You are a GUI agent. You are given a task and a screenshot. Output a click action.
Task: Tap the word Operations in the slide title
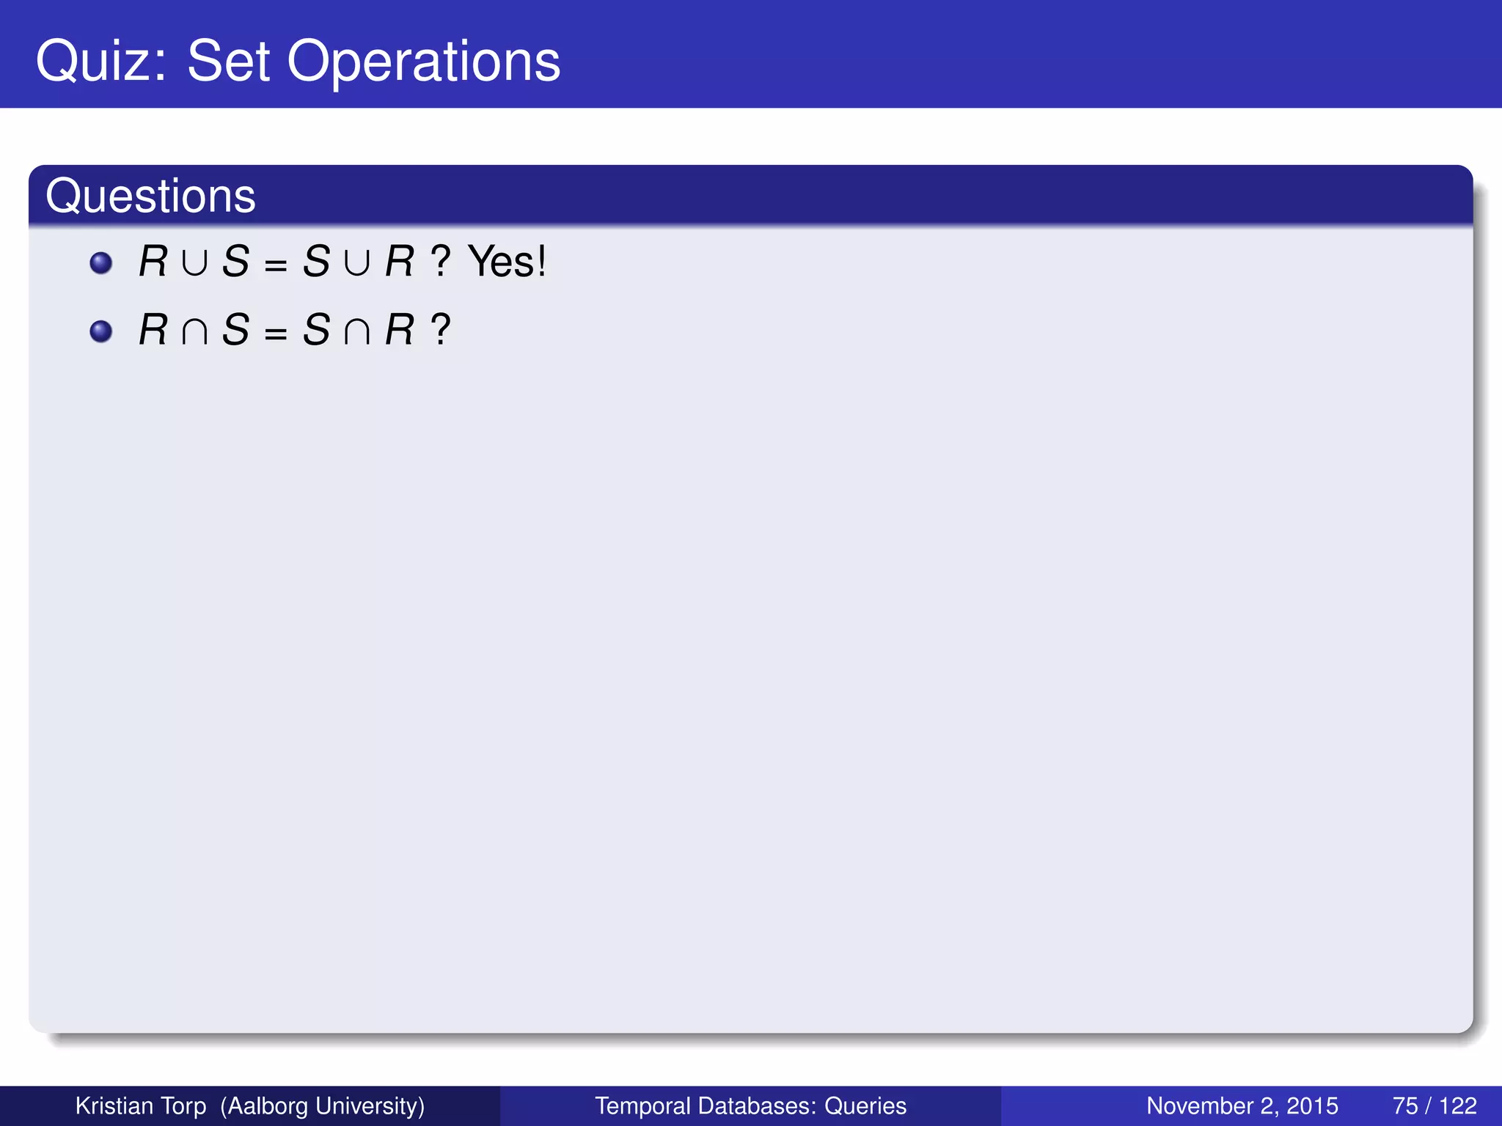pyautogui.click(x=423, y=62)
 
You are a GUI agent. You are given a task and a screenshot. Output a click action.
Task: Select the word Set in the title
pyautogui.click(x=229, y=62)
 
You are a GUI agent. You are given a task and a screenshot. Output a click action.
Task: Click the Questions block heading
pyautogui.click(x=150, y=196)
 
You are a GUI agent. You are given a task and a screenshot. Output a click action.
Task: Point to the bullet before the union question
pyautogui.click(x=100, y=262)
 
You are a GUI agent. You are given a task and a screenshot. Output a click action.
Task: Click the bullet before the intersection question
pyautogui.click(x=100, y=331)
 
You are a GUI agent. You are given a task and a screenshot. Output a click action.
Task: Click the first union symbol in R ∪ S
pyautogui.click(x=194, y=262)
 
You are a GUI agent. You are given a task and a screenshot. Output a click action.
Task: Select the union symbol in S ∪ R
pyautogui.click(x=357, y=262)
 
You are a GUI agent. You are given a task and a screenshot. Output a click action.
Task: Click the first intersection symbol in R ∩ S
pyautogui.click(x=194, y=331)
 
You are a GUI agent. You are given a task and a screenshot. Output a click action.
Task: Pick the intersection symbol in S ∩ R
pyautogui.click(x=357, y=331)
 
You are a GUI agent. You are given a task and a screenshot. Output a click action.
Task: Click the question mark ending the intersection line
pyautogui.click(x=440, y=330)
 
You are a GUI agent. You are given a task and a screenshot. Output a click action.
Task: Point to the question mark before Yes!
pyautogui.click(x=440, y=261)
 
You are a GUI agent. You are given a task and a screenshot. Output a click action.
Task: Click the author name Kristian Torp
pyautogui.click(x=141, y=1105)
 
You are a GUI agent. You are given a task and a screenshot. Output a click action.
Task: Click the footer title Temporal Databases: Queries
pyautogui.click(x=750, y=1105)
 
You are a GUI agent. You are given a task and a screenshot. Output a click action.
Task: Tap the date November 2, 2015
pyautogui.click(x=1242, y=1105)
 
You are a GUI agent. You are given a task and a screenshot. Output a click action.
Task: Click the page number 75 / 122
pyautogui.click(x=1434, y=1105)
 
